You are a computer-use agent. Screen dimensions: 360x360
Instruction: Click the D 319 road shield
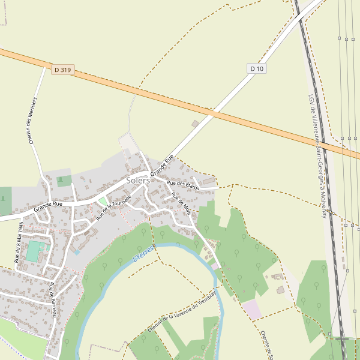pyautogui.click(x=62, y=70)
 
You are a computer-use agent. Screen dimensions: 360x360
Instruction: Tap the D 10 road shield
pyautogui.click(x=257, y=68)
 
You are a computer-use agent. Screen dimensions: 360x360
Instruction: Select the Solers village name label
pyautogui.click(x=138, y=180)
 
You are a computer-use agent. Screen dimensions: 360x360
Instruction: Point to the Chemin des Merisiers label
pyautogui.click(x=33, y=120)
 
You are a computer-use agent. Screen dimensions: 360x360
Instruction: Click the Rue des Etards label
pyautogui.click(x=183, y=185)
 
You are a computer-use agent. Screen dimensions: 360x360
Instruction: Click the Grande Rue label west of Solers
pyautogui.click(x=48, y=205)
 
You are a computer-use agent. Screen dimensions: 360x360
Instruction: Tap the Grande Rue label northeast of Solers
pyautogui.click(x=162, y=165)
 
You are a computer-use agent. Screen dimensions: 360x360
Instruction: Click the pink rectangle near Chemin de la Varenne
pyautogui.click(x=252, y=310)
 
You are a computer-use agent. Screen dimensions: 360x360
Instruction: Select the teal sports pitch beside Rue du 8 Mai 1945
pyautogui.click(x=34, y=251)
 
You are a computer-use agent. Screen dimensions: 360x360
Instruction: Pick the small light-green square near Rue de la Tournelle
pyautogui.click(x=103, y=201)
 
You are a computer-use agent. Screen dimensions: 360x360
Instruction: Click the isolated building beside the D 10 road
pyautogui.click(x=195, y=124)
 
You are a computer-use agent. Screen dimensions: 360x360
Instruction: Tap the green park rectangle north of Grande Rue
pyautogui.click(x=64, y=181)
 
